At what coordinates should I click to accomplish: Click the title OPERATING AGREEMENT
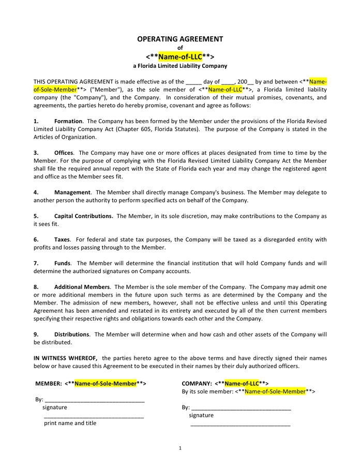coord(180,39)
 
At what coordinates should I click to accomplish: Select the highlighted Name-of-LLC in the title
coord(180,56)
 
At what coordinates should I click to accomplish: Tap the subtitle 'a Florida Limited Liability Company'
coord(180,66)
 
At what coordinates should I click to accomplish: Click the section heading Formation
coord(68,121)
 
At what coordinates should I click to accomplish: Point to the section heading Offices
coord(64,153)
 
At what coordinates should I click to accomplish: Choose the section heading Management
coord(72,192)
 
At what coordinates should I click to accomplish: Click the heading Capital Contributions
coord(83,216)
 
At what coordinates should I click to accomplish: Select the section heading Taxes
coord(62,239)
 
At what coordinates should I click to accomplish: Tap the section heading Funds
coord(62,263)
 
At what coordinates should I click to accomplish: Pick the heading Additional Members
coord(82,287)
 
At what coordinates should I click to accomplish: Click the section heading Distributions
coord(71,334)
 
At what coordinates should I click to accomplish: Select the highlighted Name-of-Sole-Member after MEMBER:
coord(106,384)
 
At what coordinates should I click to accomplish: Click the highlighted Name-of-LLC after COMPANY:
coord(242,384)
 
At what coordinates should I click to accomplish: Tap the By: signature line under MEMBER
coord(94,400)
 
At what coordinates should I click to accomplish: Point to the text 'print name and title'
coord(70,423)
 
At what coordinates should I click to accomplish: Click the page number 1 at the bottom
coord(180,448)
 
